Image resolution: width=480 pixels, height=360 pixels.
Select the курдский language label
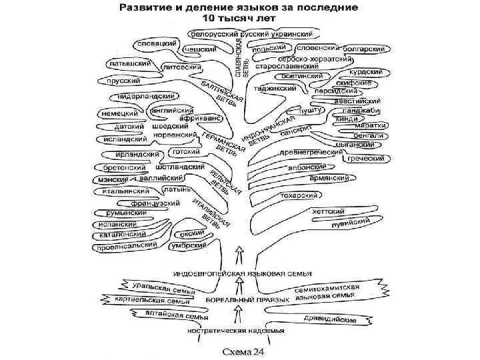[367, 71]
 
